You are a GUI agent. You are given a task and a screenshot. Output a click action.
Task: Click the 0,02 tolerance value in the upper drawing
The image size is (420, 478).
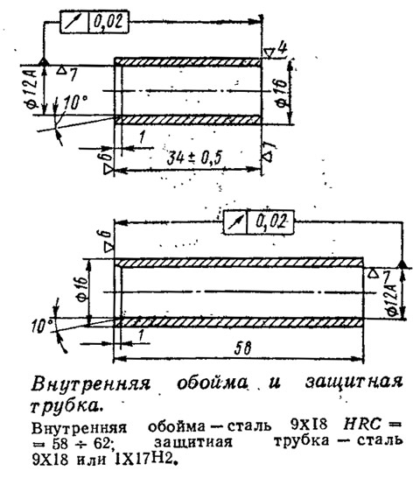click(108, 22)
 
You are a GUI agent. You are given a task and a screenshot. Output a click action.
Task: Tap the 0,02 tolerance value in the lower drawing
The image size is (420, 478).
click(271, 221)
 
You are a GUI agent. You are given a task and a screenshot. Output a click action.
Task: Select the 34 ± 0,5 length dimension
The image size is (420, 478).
click(195, 158)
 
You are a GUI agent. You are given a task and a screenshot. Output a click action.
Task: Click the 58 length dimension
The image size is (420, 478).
click(243, 348)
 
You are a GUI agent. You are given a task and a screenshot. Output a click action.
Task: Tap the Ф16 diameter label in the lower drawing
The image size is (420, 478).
click(83, 288)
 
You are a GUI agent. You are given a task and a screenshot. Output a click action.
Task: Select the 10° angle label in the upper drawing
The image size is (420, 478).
click(75, 102)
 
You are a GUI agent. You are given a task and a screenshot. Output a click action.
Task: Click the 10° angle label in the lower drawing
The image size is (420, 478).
click(41, 327)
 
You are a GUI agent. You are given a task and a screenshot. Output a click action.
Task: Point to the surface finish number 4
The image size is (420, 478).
click(283, 48)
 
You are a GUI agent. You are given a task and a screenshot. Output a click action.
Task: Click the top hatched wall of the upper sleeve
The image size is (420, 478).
click(188, 62)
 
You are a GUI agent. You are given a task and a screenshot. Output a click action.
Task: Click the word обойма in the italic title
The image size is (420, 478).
click(212, 383)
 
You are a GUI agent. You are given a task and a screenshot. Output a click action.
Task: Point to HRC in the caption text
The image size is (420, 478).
click(361, 425)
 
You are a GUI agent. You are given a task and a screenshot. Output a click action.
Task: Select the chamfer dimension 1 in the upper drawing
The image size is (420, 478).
click(142, 137)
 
